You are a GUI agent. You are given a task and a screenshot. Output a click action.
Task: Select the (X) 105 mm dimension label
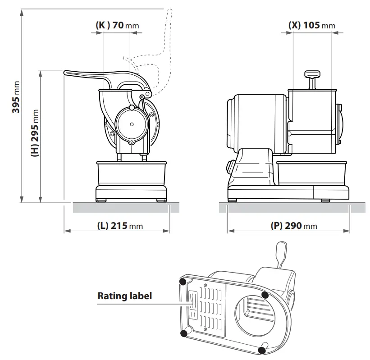click(311, 25)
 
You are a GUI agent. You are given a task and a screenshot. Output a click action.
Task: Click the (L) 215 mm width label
click(120, 226)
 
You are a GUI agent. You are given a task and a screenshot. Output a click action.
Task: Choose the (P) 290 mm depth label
click(293, 226)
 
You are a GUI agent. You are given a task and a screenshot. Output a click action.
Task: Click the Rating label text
click(125, 296)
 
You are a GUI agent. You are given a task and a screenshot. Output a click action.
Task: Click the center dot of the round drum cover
click(131, 124)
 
